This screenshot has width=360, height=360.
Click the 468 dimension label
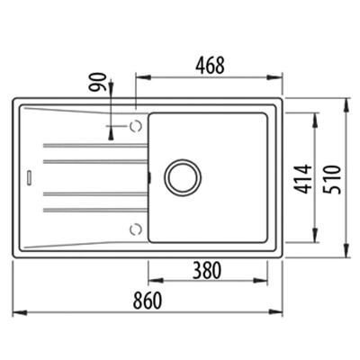coord(209,66)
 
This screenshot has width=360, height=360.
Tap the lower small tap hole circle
coord(135,227)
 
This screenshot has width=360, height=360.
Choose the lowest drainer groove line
coord(90,210)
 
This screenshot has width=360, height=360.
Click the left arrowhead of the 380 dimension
coord(149,278)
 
